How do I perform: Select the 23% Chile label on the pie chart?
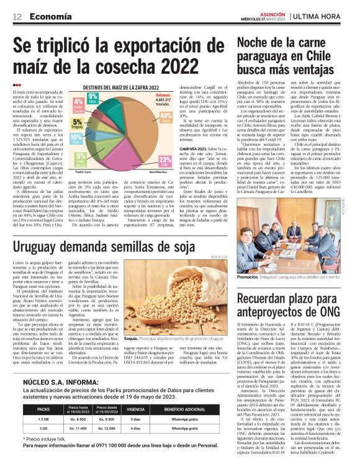(x=165, y=161)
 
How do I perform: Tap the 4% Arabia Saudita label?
(x=79, y=103)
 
